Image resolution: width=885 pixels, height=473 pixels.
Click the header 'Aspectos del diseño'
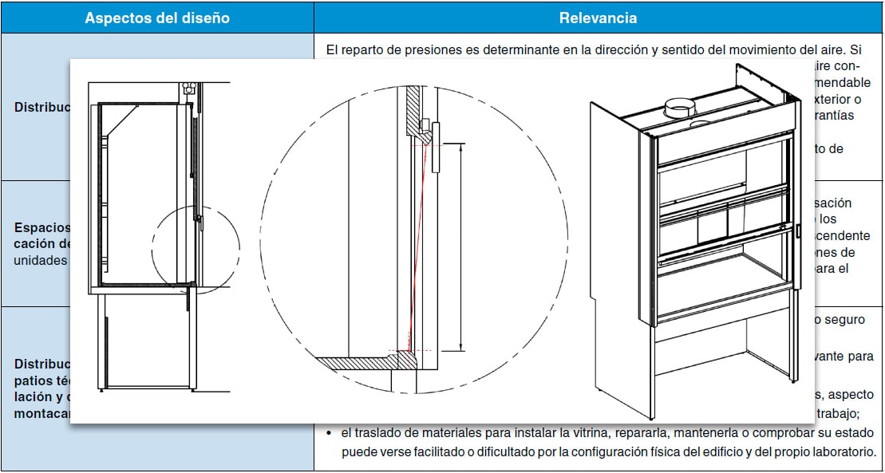157,18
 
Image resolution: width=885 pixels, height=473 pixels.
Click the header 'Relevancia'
598,18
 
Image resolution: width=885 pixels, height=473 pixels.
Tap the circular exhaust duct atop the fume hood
681,108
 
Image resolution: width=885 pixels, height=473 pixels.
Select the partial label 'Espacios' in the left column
42,227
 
